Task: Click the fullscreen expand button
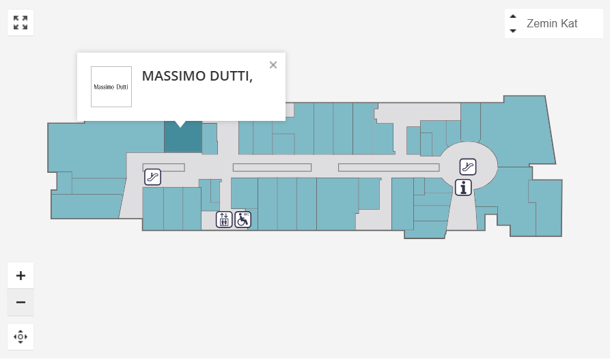coord(20,23)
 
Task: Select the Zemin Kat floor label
coord(551,24)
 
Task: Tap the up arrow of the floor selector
coord(513,17)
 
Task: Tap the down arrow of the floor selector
coord(513,31)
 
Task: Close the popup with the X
coord(273,65)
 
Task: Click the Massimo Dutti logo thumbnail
coord(111,87)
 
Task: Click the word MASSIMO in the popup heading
coord(174,76)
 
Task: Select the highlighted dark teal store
coord(183,139)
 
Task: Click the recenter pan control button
coord(20,337)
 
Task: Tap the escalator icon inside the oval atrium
coord(468,166)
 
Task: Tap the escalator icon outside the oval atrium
coord(153,177)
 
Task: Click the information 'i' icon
coord(464,187)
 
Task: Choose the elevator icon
coord(224,219)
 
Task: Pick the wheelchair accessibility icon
coord(242,219)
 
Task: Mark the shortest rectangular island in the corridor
coord(163,167)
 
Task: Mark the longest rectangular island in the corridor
coord(389,167)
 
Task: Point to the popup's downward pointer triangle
coord(180,124)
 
